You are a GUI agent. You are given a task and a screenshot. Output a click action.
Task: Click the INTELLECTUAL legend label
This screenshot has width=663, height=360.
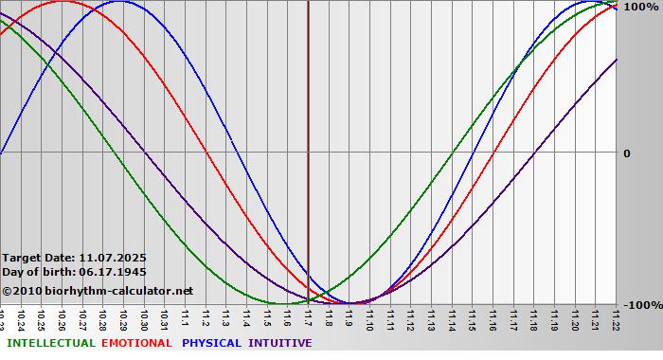pyautogui.click(x=50, y=343)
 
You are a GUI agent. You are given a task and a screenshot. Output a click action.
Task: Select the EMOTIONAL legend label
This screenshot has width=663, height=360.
pyautogui.click(x=136, y=343)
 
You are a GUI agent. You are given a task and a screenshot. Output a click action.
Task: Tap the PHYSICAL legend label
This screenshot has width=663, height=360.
pyautogui.click(x=212, y=343)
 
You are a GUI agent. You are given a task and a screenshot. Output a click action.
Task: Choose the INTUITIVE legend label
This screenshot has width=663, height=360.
pyautogui.click(x=279, y=343)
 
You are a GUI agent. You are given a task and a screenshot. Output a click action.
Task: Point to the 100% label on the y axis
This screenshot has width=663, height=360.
pyautogui.click(x=639, y=7)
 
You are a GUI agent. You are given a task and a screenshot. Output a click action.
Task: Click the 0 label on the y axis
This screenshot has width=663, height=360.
pyautogui.click(x=626, y=153)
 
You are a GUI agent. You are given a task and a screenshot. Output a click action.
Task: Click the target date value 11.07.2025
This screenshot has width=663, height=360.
pyautogui.click(x=113, y=258)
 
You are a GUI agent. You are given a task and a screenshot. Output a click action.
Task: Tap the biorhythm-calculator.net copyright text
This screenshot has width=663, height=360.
pyautogui.click(x=97, y=291)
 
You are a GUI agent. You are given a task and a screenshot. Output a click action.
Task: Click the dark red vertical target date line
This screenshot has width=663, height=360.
pyautogui.click(x=308, y=142)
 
